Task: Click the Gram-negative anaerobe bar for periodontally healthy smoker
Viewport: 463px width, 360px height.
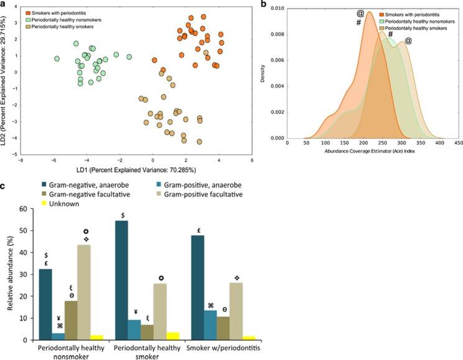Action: click(x=123, y=280)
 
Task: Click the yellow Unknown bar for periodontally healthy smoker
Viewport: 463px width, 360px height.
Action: click(x=175, y=336)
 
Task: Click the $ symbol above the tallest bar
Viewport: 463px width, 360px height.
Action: click(x=123, y=215)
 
